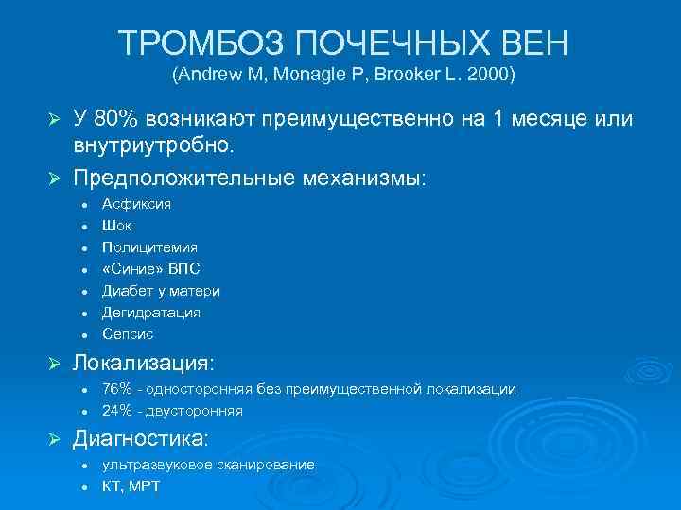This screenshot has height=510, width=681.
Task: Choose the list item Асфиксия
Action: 136,204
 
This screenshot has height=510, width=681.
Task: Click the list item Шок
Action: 117,226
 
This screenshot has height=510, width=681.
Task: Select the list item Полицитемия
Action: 149,247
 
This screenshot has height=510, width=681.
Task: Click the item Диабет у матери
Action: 161,291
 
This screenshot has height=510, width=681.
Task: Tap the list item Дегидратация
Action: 150,313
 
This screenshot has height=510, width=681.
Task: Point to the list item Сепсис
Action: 128,334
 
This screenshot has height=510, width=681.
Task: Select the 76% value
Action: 116,389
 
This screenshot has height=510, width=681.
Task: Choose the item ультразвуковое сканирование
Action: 208,465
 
